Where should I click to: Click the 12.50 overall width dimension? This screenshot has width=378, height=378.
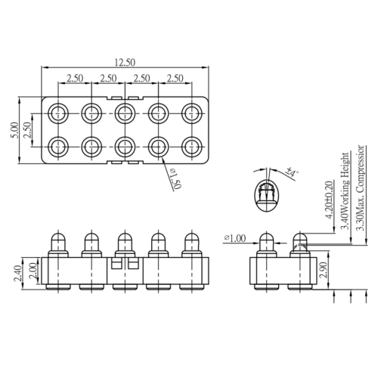[125, 63]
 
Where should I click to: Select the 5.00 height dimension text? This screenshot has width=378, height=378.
[14, 130]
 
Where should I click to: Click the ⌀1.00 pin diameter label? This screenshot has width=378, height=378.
[234, 238]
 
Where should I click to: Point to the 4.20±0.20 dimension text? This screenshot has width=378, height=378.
[329, 200]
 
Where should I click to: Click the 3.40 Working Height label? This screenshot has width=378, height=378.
[345, 191]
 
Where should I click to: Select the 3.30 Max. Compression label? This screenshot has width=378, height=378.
[360, 187]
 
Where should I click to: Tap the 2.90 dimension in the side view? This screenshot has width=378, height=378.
[323, 270]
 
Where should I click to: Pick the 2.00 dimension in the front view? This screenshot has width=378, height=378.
[33, 271]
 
